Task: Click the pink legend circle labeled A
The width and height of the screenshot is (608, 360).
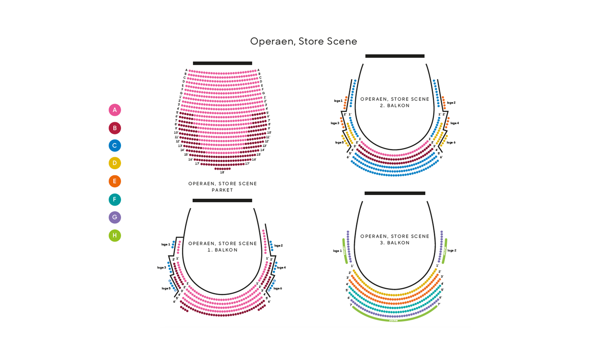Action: tap(115, 110)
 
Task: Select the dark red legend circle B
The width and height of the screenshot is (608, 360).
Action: tap(115, 128)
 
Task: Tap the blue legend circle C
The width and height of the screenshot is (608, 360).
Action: tap(115, 146)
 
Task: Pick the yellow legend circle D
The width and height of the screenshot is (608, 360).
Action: tap(115, 163)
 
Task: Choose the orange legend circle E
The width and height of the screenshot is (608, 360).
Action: tap(115, 181)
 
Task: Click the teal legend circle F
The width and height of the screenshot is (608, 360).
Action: tap(115, 200)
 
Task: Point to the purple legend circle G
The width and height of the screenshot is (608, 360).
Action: tap(115, 217)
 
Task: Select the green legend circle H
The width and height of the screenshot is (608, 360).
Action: tap(115, 235)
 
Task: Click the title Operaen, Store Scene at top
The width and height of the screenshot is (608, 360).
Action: tap(304, 41)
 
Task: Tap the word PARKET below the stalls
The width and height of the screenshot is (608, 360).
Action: tap(223, 190)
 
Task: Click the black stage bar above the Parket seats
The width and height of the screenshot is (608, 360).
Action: tap(222, 63)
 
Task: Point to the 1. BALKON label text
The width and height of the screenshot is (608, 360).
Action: tap(222, 250)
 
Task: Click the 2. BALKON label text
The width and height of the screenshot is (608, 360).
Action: tap(395, 105)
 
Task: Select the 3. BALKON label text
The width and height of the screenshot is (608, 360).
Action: tap(395, 243)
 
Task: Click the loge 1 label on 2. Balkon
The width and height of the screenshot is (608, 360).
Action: tap(338, 101)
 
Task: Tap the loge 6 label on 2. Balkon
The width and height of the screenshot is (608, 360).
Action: tap(451, 142)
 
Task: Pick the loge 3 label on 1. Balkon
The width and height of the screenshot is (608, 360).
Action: tap(161, 268)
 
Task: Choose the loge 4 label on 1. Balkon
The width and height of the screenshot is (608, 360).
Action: tap(281, 268)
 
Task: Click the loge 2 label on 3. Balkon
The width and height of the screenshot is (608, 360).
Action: tap(452, 250)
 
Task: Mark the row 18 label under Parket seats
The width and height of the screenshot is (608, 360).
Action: tap(222, 172)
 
